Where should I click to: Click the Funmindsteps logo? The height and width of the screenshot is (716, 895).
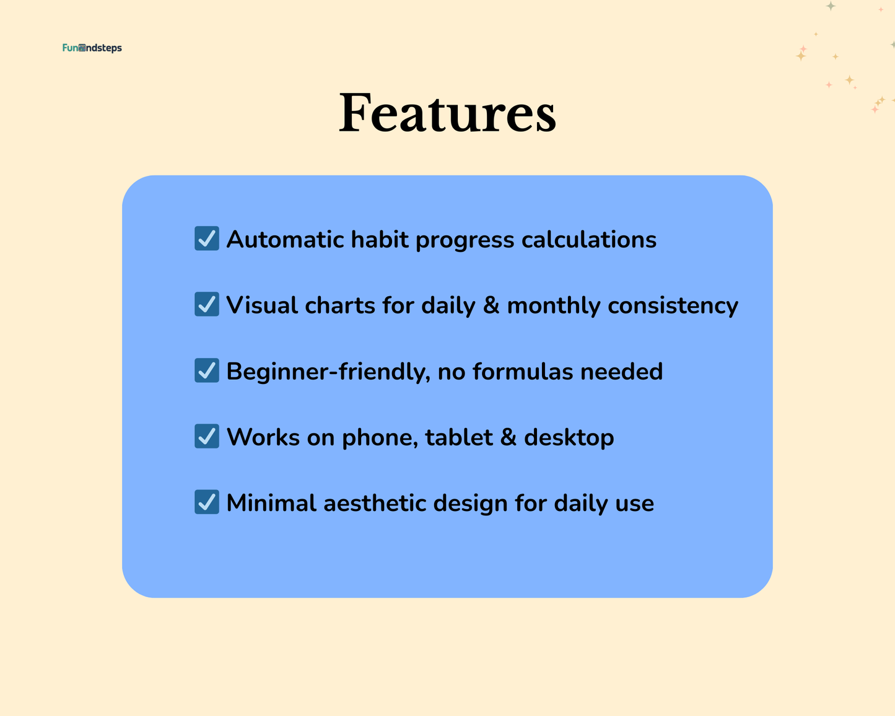(92, 48)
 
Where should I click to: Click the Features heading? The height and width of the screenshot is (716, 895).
(447, 113)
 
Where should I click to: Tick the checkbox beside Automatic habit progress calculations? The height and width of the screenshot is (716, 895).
(207, 238)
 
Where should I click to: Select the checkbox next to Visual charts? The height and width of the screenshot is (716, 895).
(207, 304)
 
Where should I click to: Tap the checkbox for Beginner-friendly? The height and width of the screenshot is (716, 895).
(207, 370)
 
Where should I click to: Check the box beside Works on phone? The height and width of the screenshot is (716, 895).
(207, 436)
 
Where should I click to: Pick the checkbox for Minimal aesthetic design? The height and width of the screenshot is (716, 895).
(207, 502)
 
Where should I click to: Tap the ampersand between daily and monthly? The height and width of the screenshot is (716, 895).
(491, 305)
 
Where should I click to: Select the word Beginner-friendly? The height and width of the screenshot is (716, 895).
(328, 372)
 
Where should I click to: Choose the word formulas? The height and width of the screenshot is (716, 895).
(523, 372)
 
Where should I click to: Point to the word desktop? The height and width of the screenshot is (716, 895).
(569, 437)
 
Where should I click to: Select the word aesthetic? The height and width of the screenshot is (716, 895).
(375, 503)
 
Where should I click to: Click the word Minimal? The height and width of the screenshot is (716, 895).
(271, 503)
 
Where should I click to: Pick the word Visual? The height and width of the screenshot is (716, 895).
(262, 305)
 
